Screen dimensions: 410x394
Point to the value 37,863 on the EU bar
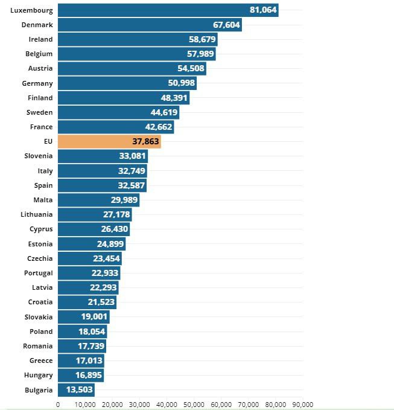coord(145,141)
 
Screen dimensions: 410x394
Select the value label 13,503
coord(79,390)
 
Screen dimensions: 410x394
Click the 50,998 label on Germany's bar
coord(181,83)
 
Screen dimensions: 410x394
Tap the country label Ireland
coord(41,39)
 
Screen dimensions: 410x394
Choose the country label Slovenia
coord(39,156)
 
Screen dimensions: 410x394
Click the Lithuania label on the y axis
coord(37,214)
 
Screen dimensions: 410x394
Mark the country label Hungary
coord(39,375)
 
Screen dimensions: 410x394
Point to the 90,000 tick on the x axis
coord(302,405)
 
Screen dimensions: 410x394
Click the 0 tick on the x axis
coord(58,405)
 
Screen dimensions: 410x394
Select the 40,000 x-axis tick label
coord(167,405)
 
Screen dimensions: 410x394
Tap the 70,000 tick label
coord(248,405)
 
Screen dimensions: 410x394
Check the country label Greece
coord(41,360)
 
